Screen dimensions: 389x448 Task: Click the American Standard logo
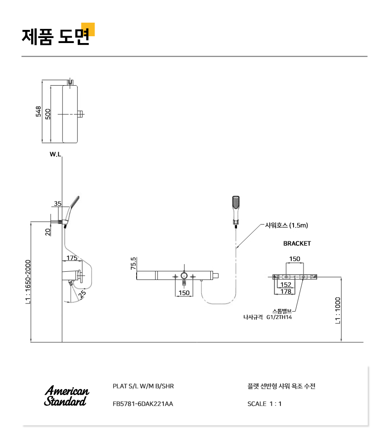[x=66, y=396]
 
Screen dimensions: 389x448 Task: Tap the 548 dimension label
[x=38, y=111]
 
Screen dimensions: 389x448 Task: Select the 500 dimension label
[x=47, y=114]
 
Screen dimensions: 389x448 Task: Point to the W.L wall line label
[x=55, y=154]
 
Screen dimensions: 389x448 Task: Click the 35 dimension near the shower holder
[x=57, y=203]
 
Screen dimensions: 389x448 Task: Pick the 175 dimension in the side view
[x=72, y=258]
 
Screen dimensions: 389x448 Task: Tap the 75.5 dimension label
[x=133, y=263]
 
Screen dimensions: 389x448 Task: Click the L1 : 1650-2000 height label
[x=28, y=282]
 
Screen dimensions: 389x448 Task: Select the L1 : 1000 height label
[x=338, y=311]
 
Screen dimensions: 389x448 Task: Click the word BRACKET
[x=297, y=243]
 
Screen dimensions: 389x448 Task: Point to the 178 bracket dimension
[x=286, y=291]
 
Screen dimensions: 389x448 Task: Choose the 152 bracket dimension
[x=286, y=284]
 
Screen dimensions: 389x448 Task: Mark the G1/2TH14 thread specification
[x=279, y=317]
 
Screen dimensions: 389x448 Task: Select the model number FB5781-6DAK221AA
[x=142, y=404]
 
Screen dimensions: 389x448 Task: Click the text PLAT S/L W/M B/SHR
[x=143, y=386]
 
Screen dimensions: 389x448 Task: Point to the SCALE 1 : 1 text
[x=264, y=404]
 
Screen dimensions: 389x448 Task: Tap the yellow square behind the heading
[x=88, y=29]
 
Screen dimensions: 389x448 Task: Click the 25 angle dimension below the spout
[x=82, y=294]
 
